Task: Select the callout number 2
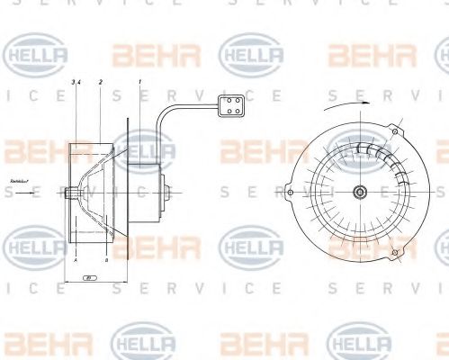pos(100,83)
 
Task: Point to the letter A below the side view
pos(77,259)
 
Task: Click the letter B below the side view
pos(106,259)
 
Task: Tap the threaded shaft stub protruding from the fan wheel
pos(68,192)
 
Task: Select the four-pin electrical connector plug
pos(229,107)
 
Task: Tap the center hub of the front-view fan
pos(359,191)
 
